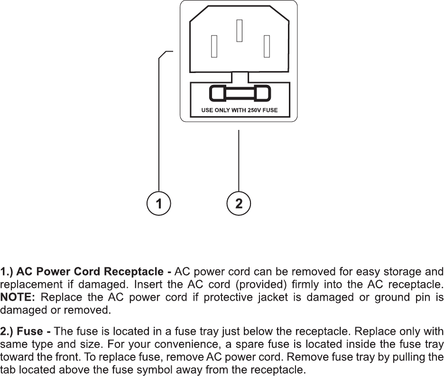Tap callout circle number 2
tap(239, 204)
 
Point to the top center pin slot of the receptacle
tap(240, 30)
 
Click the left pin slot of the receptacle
tap(214, 46)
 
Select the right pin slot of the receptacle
tap(267, 46)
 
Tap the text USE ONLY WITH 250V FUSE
tap(240, 110)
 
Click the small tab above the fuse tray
tap(240, 77)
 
